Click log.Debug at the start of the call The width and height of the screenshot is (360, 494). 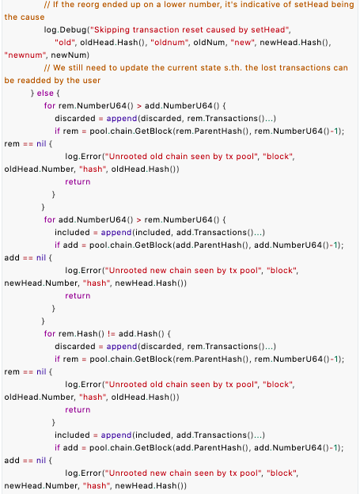(x=66, y=30)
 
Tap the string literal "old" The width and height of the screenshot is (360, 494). (x=65, y=42)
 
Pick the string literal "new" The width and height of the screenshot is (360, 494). (x=243, y=42)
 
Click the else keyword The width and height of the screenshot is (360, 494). (x=45, y=93)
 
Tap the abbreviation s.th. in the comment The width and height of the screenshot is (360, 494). (x=233, y=67)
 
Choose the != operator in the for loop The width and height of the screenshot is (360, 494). (x=112, y=333)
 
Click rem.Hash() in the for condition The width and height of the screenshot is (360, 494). (x=81, y=333)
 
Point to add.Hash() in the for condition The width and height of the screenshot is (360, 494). (x=141, y=333)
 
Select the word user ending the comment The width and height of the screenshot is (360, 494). (x=92, y=80)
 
